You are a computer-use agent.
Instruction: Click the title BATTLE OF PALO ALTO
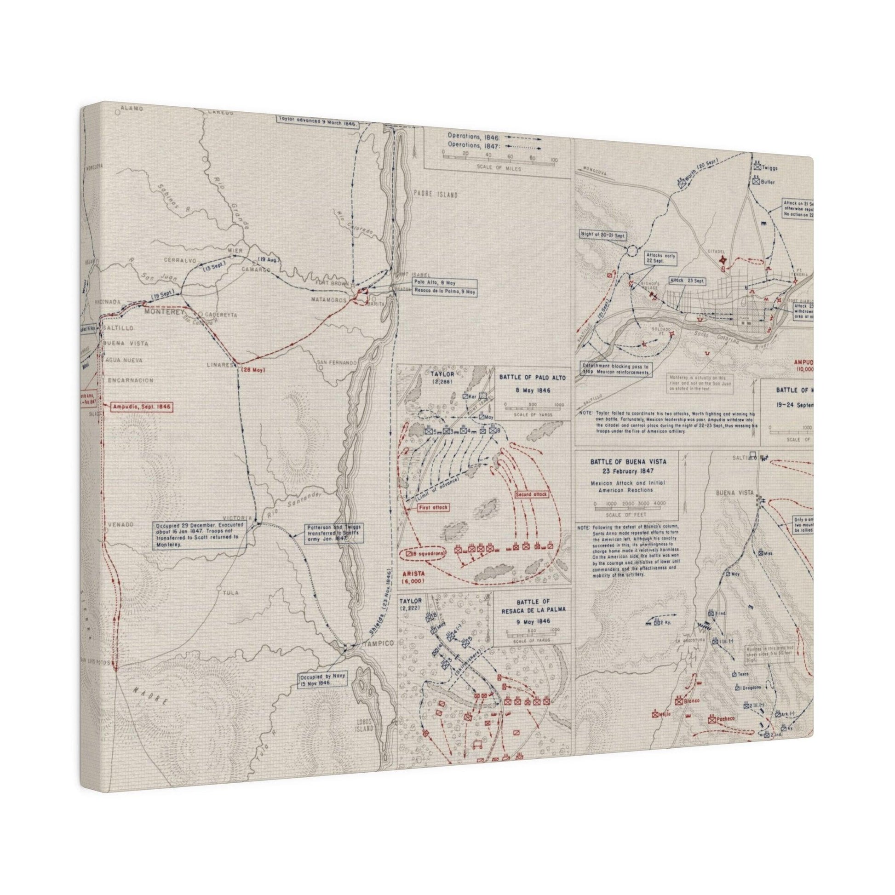pos(532,378)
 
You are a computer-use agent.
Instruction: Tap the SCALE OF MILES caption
pos(498,169)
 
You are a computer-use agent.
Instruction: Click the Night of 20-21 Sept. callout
pos(602,235)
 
